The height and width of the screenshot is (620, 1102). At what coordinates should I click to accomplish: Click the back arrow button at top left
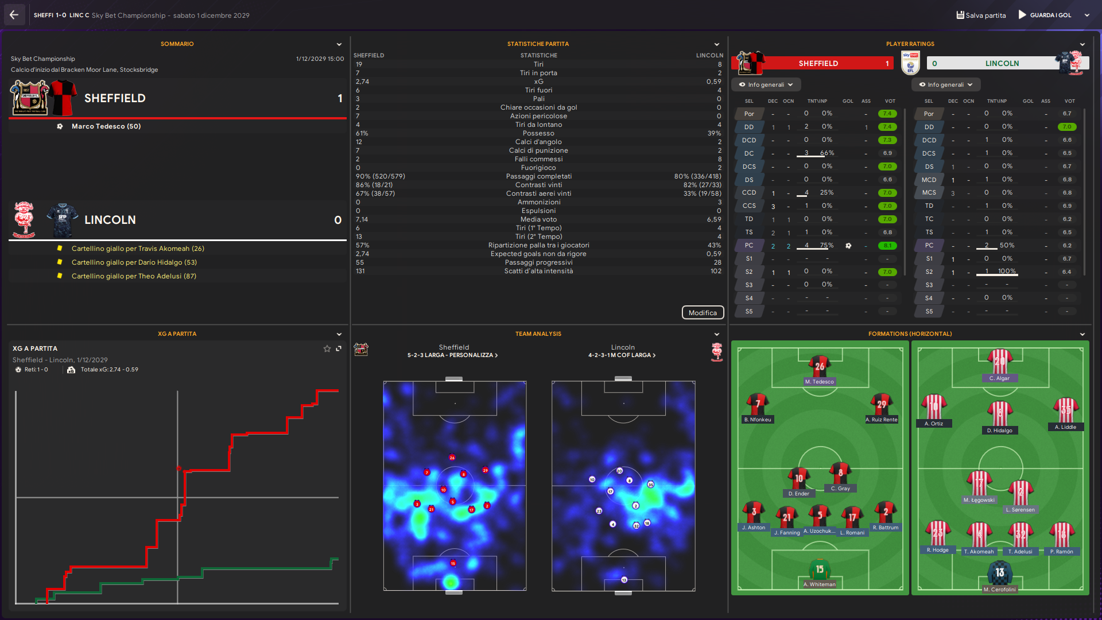point(14,15)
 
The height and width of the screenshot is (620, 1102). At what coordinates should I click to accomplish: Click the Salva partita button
point(981,15)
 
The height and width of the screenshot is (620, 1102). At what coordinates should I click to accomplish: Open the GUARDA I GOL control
point(1050,15)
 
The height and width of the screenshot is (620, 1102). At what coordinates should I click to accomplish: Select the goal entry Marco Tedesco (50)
point(106,126)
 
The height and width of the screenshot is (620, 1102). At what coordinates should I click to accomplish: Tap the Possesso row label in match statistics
point(538,133)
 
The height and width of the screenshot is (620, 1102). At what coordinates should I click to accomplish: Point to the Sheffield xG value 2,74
point(362,82)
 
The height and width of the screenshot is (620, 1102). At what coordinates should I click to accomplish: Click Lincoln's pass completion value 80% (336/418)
point(697,176)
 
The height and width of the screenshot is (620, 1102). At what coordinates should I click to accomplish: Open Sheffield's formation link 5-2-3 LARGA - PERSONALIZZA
point(452,355)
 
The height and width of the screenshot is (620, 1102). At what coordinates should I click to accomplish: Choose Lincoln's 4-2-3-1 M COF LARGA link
point(622,355)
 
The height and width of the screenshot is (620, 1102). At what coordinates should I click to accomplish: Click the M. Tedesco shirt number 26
point(820,366)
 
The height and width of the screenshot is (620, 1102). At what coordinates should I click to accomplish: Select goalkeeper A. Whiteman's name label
point(820,584)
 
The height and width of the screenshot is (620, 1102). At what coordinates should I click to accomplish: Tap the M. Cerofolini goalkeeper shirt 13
point(1000,572)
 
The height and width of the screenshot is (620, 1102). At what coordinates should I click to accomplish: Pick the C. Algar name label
point(999,378)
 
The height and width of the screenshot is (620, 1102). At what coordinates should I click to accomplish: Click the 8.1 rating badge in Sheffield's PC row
point(887,246)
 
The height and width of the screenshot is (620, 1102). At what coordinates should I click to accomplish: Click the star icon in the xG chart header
point(327,348)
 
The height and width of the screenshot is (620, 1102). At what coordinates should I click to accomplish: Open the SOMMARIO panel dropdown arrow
point(339,44)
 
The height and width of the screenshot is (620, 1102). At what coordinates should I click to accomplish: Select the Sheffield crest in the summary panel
point(30,98)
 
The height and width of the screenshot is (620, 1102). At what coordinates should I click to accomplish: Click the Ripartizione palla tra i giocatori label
point(538,245)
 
